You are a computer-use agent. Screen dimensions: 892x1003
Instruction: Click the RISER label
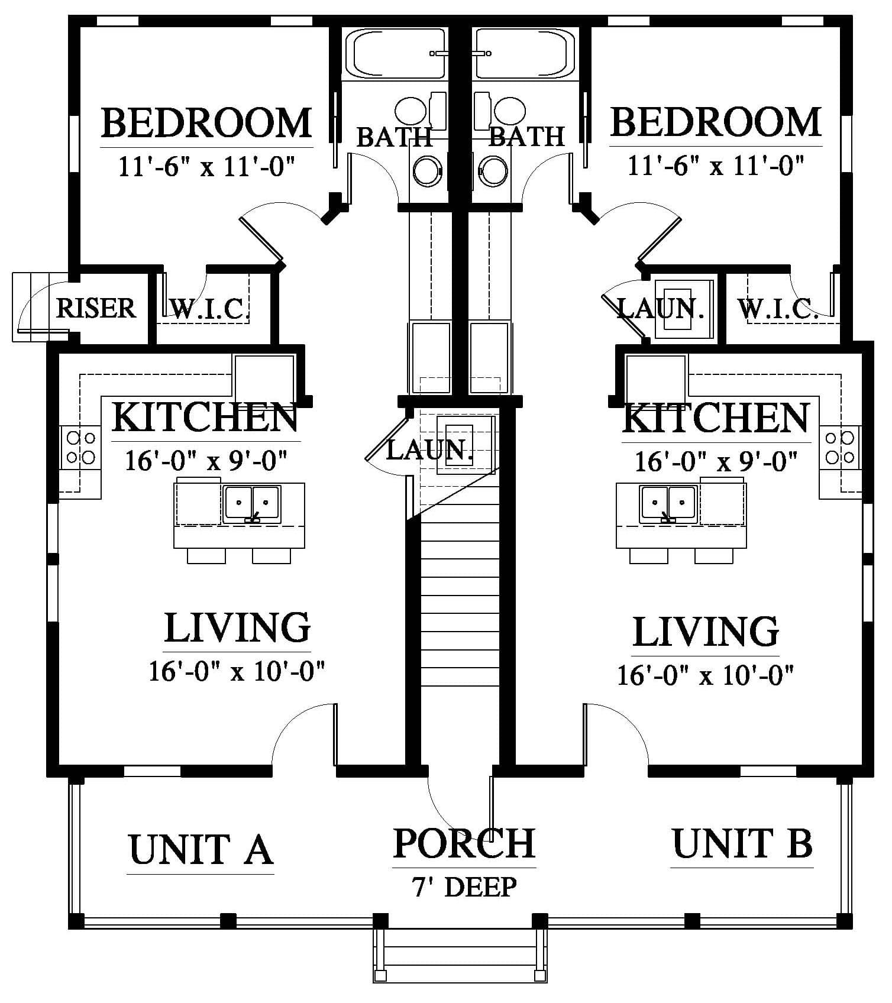coord(96,308)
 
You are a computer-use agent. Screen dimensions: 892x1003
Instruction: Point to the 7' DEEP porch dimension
coord(464,887)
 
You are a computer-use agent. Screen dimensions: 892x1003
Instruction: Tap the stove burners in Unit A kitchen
coord(81,448)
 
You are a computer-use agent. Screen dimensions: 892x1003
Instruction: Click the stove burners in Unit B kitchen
coord(840,448)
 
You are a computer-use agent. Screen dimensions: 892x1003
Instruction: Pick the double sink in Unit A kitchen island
coord(252,504)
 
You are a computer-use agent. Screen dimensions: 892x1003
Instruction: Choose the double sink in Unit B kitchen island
coord(668,504)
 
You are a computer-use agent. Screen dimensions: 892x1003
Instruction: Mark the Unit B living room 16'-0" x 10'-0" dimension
coord(705,675)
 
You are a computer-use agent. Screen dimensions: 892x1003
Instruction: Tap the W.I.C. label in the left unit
coord(207,308)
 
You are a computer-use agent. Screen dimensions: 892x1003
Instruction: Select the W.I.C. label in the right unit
coord(778,308)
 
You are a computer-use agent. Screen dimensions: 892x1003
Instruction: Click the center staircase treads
coord(461,591)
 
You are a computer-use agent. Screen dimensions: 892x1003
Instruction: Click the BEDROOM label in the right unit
coord(716,122)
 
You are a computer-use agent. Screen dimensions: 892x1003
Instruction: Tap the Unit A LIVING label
coord(237,627)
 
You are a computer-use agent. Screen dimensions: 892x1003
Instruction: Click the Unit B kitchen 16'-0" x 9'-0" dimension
coord(716,461)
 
